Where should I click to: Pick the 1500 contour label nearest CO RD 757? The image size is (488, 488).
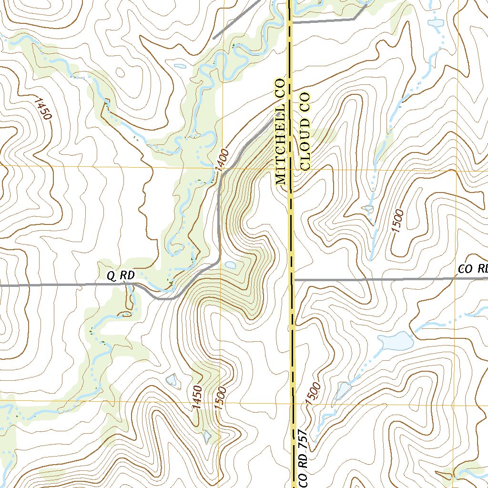314,394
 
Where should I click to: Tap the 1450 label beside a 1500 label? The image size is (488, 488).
198,397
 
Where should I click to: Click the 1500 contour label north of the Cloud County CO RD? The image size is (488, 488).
398,221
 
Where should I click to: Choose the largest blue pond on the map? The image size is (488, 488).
395,341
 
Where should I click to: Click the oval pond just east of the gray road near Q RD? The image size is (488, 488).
230,265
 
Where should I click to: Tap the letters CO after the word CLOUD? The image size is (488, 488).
305,101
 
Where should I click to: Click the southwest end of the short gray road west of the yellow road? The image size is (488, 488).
214,37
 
